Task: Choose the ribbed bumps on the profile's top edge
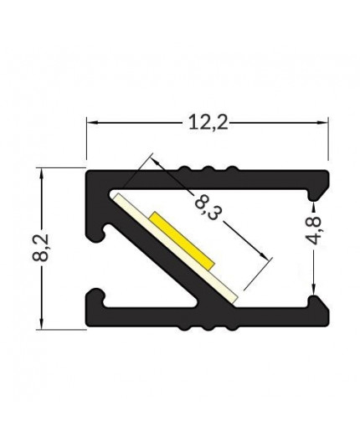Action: coord(207,172)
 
